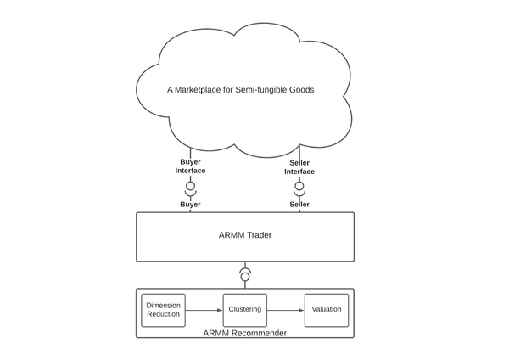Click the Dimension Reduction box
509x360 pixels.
tap(164, 309)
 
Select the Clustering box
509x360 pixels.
tap(245, 309)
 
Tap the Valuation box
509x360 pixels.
tap(327, 309)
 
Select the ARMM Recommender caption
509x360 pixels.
tap(245, 332)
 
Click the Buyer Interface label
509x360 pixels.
tap(191, 166)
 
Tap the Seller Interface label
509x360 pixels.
tap(299, 166)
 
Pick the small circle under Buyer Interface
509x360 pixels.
tap(191, 184)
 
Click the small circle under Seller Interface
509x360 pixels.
tap(299, 184)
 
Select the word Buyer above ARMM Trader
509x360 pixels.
tap(191, 205)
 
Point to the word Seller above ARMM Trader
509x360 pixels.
tap(299, 205)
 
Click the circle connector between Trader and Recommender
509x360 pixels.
tap(245, 276)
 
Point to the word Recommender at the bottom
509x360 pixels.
tap(259, 332)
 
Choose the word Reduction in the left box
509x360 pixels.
tap(164, 314)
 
